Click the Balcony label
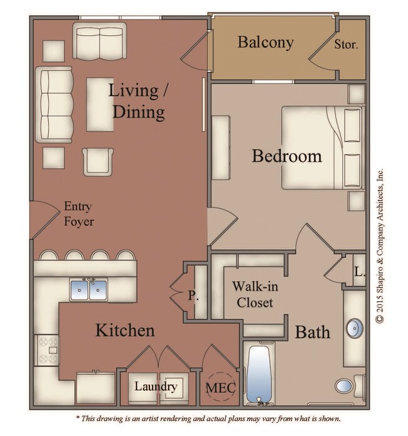pyautogui.click(x=265, y=43)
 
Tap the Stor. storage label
pyautogui.click(x=346, y=45)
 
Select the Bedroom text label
pyautogui.click(x=286, y=156)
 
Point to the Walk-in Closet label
pyautogui.click(x=252, y=294)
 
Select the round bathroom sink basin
pyautogui.click(x=355, y=327)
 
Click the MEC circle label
pyautogui.click(x=220, y=388)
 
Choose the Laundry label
pyautogui.click(x=155, y=386)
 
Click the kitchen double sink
pyautogui.click(x=89, y=290)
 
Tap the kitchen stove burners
pyautogui.click(x=48, y=350)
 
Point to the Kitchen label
pyautogui.click(x=125, y=330)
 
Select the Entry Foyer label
pyautogui.click(x=78, y=214)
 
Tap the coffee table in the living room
pyautogui.click(x=100, y=104)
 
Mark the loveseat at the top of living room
pyautogui.click(x=99, y=40)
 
